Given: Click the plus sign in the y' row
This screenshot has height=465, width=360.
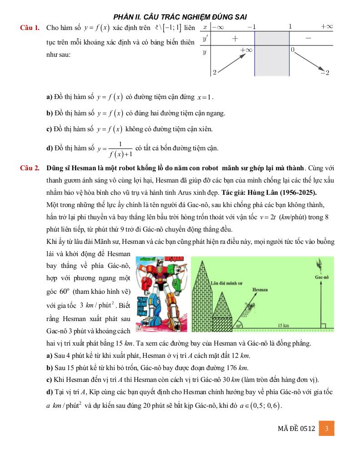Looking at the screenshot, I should pos(235,39).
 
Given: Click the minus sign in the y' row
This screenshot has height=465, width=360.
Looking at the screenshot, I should pos(309,39).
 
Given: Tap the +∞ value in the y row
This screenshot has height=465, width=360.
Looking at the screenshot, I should pos(246,49).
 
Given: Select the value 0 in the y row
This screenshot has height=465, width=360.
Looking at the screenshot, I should pos(293,49).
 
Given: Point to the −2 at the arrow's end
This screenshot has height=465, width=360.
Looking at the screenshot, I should pos(325,73).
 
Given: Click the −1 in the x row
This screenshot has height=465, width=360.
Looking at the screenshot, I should pos(252,27).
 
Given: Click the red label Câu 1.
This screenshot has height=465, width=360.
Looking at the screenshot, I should pos(30,28).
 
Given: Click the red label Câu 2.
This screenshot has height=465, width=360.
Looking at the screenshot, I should pos(30,168).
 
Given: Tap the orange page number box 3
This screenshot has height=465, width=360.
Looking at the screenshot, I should pos(326,428).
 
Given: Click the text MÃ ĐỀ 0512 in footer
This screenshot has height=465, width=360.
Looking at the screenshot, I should pos(296,428).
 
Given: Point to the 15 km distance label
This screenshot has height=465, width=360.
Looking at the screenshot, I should pos(284,325).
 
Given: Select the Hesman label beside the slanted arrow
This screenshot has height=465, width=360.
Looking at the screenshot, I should pos(260,289).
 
